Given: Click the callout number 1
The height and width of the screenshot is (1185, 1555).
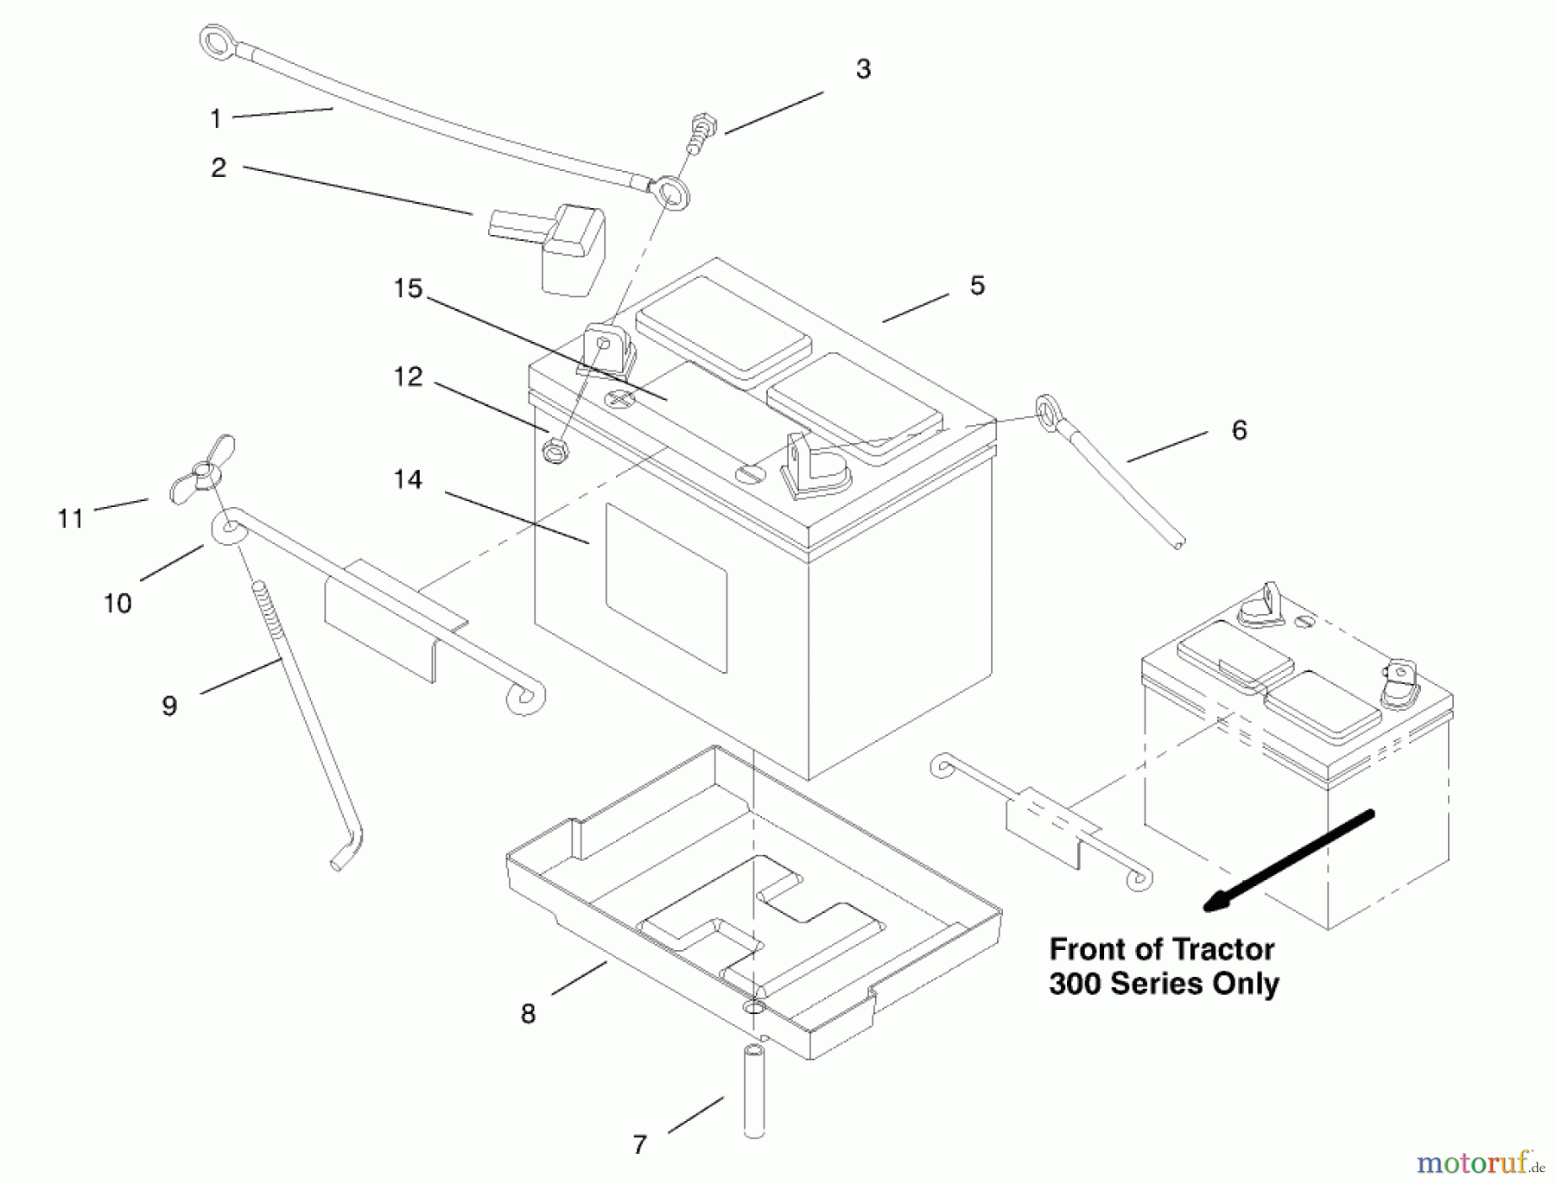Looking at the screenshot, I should [216, 118].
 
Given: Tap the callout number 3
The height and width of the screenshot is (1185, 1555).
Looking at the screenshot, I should [863, 70].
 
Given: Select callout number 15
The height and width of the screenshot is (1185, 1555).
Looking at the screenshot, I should [408, 288].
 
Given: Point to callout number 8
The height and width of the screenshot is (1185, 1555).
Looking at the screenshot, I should [528, 1014].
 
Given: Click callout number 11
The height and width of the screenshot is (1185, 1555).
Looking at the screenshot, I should [70, 518].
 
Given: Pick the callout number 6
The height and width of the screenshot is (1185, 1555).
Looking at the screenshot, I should [1239, 430].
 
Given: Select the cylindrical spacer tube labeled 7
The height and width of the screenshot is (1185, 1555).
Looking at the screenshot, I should [754, 1092].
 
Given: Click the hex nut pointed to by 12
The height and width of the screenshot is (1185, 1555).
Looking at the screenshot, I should [553, 452].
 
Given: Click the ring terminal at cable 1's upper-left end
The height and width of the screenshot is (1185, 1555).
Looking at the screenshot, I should [213, 39].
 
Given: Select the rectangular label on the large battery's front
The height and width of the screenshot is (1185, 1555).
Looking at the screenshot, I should [666, 587].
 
